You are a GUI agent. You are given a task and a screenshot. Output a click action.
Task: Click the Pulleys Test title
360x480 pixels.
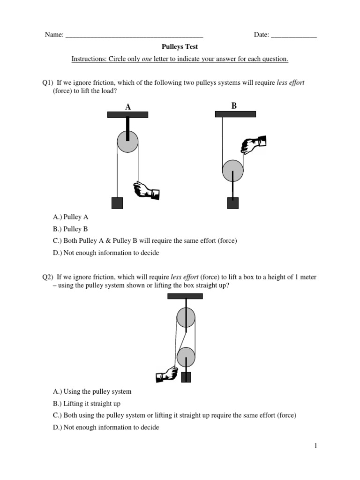180,47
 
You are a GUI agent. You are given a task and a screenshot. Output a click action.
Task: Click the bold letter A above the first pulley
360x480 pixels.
127,107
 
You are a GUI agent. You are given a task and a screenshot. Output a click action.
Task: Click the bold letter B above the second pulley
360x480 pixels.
234,106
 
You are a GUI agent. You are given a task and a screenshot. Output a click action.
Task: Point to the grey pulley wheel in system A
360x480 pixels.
127,142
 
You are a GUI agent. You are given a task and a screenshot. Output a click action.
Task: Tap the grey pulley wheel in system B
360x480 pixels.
232,171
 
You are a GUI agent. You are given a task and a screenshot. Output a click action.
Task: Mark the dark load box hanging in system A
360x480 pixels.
117,202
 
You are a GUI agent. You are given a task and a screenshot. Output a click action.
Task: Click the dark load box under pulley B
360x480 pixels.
232,202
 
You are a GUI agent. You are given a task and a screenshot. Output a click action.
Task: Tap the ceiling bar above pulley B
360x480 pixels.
235,114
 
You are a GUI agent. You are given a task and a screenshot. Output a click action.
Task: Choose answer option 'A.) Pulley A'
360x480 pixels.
71,217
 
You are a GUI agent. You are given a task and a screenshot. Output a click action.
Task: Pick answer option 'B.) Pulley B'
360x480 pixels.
71,229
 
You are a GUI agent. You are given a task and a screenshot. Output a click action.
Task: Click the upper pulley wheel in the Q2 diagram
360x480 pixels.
186,319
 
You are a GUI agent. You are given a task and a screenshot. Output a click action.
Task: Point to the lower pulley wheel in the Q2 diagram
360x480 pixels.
186,357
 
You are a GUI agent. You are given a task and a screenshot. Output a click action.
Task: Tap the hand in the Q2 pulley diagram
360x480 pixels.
167,375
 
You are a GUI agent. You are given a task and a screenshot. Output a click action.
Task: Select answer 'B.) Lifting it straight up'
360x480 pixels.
87,404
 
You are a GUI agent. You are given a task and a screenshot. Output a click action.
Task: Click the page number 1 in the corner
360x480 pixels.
316,446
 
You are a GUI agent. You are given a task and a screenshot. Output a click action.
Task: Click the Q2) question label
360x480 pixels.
48,277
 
